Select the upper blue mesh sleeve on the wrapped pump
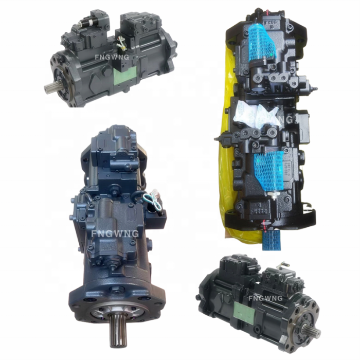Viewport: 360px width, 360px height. [263, 40]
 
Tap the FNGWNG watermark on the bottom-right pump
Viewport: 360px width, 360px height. [265, 298]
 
